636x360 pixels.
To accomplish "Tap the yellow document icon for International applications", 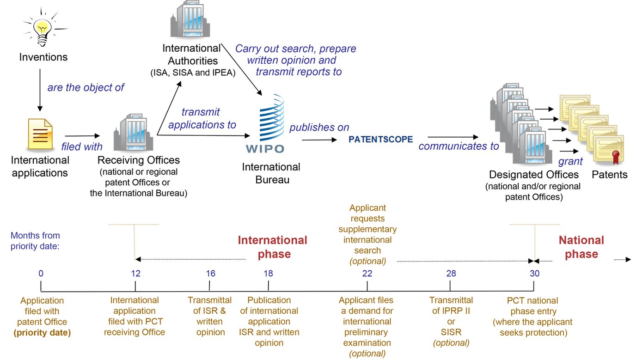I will coord(40,134).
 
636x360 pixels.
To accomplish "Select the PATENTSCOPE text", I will coord(380,139).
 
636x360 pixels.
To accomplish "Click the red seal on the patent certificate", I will coord(615,157).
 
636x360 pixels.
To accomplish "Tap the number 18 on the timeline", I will coord(268,273).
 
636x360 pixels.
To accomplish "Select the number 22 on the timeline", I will coord(367,273).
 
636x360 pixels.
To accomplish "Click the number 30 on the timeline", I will coord(534,273).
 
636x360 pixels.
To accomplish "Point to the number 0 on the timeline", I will coord(41,273).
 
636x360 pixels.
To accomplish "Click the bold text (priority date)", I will coord(42,332).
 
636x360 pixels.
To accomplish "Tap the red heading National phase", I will coord(581,247).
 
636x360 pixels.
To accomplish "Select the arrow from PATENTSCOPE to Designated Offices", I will coord(453,137).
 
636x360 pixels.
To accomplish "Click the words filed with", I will coord(82,147).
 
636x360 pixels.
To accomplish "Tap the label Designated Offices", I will coord(534,175).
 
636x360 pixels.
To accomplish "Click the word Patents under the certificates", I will coord(610,175).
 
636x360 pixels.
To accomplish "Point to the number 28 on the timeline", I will coord(451,273).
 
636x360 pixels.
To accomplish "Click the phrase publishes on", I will coord(319,128).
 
